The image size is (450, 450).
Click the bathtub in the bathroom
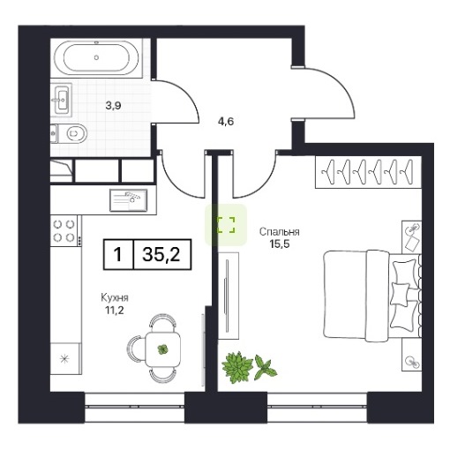tap(96, 57)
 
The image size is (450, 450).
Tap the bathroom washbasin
tap(63, 99)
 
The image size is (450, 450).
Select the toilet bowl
tap(73, 134)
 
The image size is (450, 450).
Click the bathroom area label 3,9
tap(114, 106)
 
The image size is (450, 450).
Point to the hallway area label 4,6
tap(226, 121)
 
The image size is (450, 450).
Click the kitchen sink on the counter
tap(129, 200)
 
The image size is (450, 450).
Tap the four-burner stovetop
tap(64, 231)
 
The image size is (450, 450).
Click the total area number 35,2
tap(161, 254)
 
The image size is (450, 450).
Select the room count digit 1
tap(117, 254)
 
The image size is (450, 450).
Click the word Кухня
tap(115, 298)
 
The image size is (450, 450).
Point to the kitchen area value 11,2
tap(115, 310)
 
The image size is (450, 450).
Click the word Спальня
tap(280, 232)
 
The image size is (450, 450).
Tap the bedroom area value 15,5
tap(280, 244)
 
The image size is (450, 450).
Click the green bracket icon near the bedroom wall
tap(226, 225)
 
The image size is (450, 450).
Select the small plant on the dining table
tap(162, 349)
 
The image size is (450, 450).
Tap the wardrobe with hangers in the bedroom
tap(368, 172)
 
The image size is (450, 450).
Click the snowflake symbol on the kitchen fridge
tap(64, 359)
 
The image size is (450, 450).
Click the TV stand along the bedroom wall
tap(229, 296)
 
